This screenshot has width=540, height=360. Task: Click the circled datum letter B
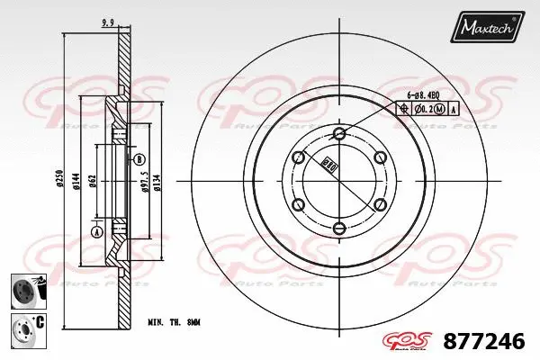coord(139,159)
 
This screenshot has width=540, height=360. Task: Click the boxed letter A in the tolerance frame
coord(454,109)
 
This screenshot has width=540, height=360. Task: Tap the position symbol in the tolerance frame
coord(402,109)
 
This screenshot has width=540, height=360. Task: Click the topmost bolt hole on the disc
coord(338,134)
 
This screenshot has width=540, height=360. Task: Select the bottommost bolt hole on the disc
coord(338,227)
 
